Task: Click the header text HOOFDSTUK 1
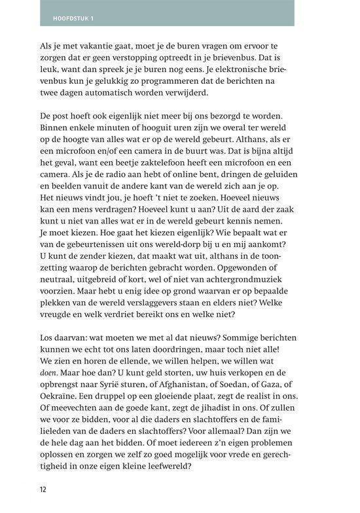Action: pyautogui.click(x=73, y=18)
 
